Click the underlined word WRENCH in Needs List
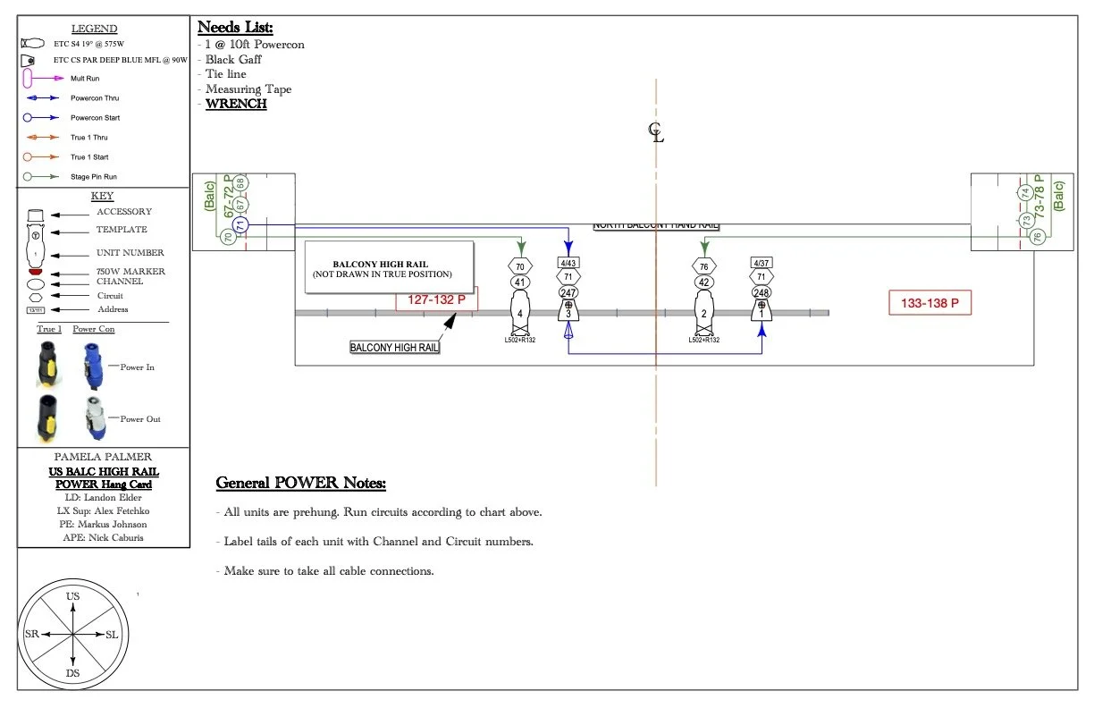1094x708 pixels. click(236, 104)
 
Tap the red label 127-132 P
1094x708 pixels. click(437, 299)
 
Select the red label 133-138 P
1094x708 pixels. click(930, 304)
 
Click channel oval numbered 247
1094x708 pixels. click(568, 292)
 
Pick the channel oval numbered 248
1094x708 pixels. click(762, 292)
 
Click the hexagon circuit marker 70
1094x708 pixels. click(520, 266)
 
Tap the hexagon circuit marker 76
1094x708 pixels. click(704, 266)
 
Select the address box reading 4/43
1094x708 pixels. click(568, 263)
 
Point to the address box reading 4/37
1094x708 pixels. click(762, 263)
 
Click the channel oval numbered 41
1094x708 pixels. click(520, 282)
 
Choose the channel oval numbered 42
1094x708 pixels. click(704, 282)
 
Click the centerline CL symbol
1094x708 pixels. click(656, 133)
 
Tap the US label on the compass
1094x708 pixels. click(73, 596)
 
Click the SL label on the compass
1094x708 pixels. click(112, 634)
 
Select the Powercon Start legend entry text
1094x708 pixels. click(95, 118)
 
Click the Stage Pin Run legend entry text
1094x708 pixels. click(94, 177)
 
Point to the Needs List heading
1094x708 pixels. click(235, 28)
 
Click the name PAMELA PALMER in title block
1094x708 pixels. click(104, 456)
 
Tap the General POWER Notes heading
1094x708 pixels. click(301, 484)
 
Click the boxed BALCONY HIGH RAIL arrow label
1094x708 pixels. click(394, 347)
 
